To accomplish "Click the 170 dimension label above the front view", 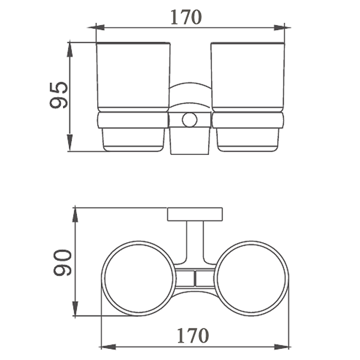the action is (x=186, y=17).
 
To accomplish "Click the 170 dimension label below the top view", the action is (x=193, y=336).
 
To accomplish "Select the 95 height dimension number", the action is (x=59, y=95).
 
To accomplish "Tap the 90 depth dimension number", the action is (x=63, y=262).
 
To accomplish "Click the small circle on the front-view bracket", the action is (x=189, y=120).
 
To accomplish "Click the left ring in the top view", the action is (x=103, y=279).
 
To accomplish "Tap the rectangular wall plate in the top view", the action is (x=195, y=214).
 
